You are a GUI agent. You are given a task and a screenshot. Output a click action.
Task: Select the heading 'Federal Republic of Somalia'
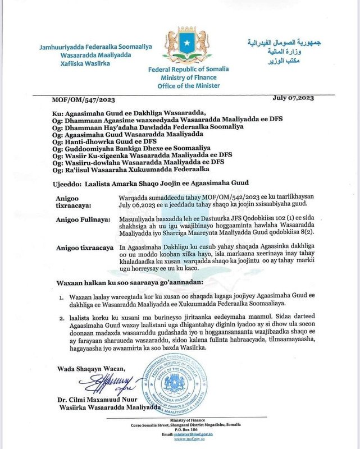point(188,69)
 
